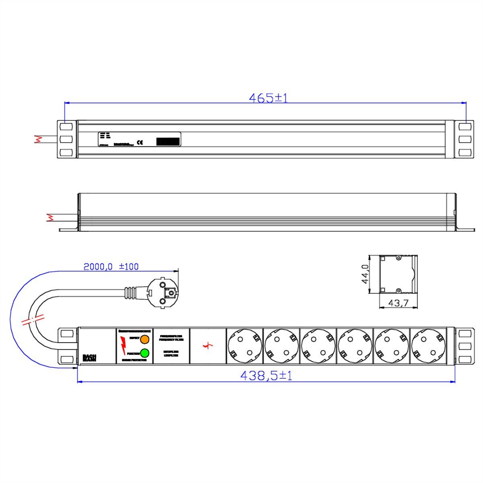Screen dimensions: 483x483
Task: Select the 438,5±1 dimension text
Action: [x=266, y=376]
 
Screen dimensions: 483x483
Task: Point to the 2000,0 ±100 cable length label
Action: [x=111, y=266]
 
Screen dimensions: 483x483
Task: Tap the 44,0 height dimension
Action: [x=365, y=275]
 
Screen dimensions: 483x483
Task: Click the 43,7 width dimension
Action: [x=398, y=303]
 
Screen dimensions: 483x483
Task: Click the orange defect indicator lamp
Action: [x=144, y=339]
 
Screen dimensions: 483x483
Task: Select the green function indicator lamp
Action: [x=144, y=353]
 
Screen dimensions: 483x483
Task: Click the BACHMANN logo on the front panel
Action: [x=89, y=357]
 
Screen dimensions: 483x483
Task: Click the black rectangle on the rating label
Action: [x=168, y=142]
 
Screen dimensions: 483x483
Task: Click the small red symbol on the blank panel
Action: [x=208, y=345]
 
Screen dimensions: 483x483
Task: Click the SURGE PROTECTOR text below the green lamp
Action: [x=134, y=360]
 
